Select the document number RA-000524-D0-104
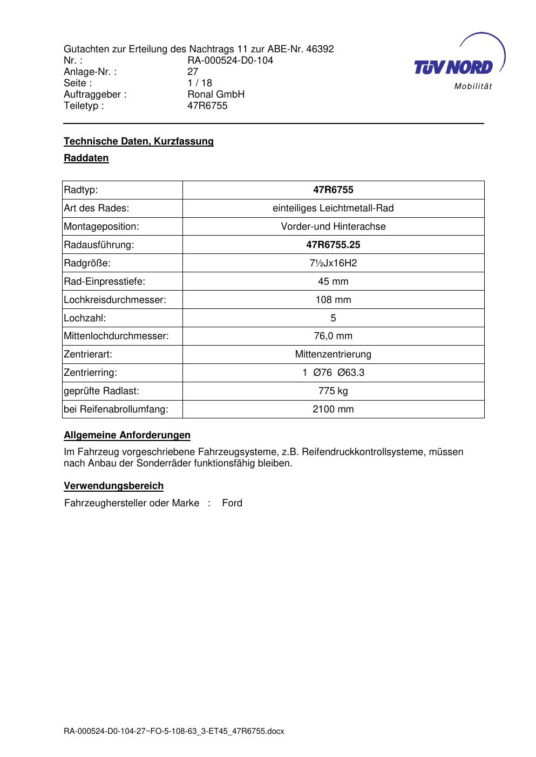click(230, 60)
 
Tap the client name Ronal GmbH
click(216, 94)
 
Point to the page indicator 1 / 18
click(200, 83)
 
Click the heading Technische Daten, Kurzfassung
click(139, 141)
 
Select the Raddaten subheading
click(86, 158)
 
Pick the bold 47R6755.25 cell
click(333, 245)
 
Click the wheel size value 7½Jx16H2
click(333, 263)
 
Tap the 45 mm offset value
click(333, 281)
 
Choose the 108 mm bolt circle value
click(333, 300)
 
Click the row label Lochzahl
click(85, 318)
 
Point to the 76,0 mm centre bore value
click(333, 336)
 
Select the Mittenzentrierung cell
click(333, 354)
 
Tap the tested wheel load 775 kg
click(333, 391)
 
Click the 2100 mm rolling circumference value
click(333, 409)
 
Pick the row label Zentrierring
click(90, 373)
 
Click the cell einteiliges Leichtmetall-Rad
click(333, 208)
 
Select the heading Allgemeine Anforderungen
click(127, 435)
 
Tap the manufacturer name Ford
click(232, 503)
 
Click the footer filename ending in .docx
click(174, 732)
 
